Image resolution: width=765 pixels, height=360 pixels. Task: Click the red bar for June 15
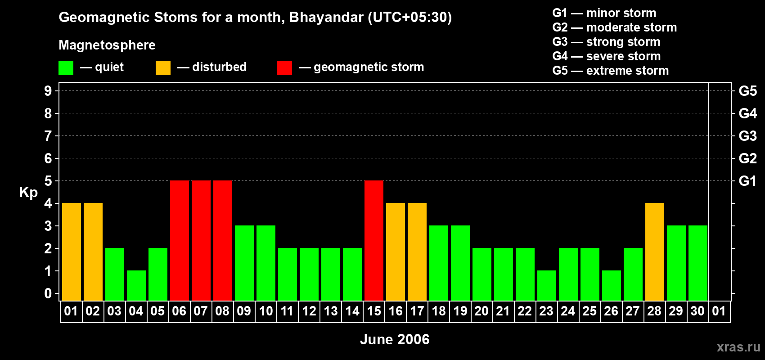[x=374, y=240]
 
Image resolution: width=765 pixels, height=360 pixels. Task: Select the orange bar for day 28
[x=655, y=252]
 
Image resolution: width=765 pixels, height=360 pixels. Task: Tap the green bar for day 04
[x=136, y=286]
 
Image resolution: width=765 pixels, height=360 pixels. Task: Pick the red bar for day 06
[x=180, y=240]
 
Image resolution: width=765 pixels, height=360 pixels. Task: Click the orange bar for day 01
[x=72, y=252]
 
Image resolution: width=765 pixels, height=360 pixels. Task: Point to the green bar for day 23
[x=547, y=286]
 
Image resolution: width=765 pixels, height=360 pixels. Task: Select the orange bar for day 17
[x=417, y=252]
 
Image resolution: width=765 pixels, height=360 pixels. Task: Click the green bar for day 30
[x=698, y=263]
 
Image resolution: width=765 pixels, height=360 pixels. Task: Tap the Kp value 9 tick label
[x=48, y=91]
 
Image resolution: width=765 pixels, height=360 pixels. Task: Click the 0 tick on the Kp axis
[x=48, y=293]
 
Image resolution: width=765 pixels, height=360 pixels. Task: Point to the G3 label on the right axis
[x=747, y=136]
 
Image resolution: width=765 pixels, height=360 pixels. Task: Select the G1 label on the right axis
[x=747, y=181]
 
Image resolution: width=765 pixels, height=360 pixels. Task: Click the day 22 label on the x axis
[x=525, y=311]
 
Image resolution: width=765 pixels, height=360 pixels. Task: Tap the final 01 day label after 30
[x=719, y=311]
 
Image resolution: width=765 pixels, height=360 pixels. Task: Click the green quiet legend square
[x=66, y=67]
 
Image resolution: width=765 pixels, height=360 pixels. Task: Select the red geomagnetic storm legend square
[x=285, y=67]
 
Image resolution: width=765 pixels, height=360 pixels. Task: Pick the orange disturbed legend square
[x=163, y=67]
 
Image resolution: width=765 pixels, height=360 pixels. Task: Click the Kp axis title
[x=28, y=193]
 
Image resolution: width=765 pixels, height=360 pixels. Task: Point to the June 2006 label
[x=395, y=339]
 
